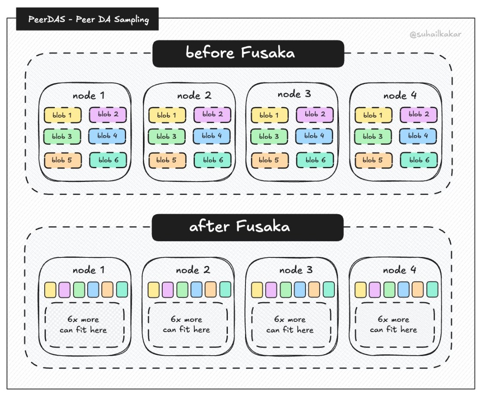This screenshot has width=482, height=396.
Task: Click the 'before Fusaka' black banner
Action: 248,53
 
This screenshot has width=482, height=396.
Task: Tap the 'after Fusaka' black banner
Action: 248,227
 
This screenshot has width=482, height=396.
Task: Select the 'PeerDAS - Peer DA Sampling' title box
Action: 87,20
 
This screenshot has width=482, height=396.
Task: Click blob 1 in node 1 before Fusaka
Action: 63,115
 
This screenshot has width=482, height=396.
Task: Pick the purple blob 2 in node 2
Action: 212,115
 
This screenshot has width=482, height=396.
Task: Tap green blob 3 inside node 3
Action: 269,136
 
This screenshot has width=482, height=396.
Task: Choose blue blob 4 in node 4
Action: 418,136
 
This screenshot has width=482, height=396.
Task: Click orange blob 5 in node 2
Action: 167,160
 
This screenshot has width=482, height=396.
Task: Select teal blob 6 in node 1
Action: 107,160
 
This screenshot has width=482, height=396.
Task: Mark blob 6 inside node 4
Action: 418,160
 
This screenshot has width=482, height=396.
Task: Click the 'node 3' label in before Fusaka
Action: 294,94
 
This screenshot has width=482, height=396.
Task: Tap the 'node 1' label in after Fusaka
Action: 88,270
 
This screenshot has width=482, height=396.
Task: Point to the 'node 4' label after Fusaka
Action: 400,270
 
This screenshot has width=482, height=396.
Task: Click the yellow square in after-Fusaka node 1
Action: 51,290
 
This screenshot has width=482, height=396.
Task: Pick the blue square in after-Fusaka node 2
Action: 197,290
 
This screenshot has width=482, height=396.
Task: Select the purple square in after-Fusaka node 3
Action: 271,290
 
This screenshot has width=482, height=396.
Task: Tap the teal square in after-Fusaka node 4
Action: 432,289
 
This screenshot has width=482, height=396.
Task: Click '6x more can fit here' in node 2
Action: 186,325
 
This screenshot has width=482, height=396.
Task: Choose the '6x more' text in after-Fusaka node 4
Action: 394,320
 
